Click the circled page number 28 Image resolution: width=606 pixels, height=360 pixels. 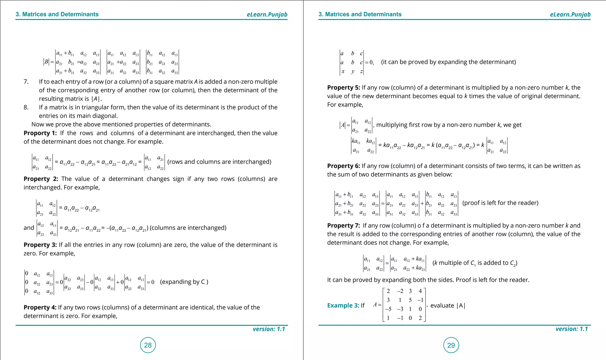click(x=148, y=345)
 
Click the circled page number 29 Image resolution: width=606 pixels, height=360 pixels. click(x=451, y=345)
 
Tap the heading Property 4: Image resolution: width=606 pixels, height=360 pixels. click(x=40, y=307)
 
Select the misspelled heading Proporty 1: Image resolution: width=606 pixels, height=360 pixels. click(x=40, y=133)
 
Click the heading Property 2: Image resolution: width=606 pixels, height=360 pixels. click(x=41, y=179)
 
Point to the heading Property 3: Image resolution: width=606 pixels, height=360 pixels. click(x=40, y=245)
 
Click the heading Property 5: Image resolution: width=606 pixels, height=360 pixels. click(x=343, y=88)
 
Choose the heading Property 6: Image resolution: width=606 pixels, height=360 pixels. click(x=343, y=166)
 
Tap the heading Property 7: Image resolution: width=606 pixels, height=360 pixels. click(x=343, y=226)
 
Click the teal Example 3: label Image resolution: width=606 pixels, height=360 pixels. click(x=343, y=306)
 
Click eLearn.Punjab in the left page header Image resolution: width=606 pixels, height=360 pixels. click(x=267, y=14)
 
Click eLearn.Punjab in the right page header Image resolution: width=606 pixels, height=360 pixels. click(x=570, y=14)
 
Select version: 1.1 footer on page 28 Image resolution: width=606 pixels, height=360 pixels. click(x=269, y=329)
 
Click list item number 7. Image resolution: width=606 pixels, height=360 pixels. click(x=26, y=82)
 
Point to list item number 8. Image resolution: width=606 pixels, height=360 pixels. click(x=26, y=107)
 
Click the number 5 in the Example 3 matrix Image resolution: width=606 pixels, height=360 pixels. click(x=410, y=300)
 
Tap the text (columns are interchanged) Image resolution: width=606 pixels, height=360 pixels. click(x=188, y=228)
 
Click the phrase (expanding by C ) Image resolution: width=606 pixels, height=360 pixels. click(x=184, y=282)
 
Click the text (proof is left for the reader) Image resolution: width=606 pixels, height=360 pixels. click(x=500, y=203)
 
